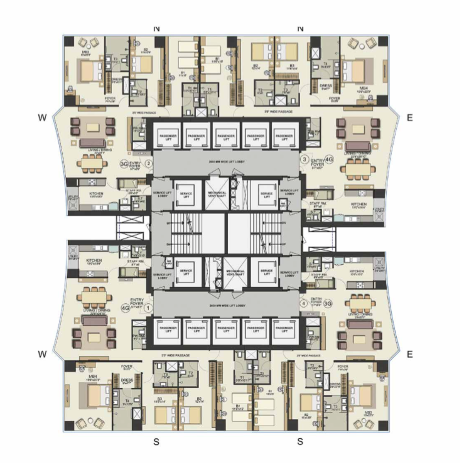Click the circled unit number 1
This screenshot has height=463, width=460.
148,308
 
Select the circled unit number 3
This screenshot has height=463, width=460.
304,159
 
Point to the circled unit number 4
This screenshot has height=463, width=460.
303,303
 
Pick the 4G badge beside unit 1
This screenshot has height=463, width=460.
124,308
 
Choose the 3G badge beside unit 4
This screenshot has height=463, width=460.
328,303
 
